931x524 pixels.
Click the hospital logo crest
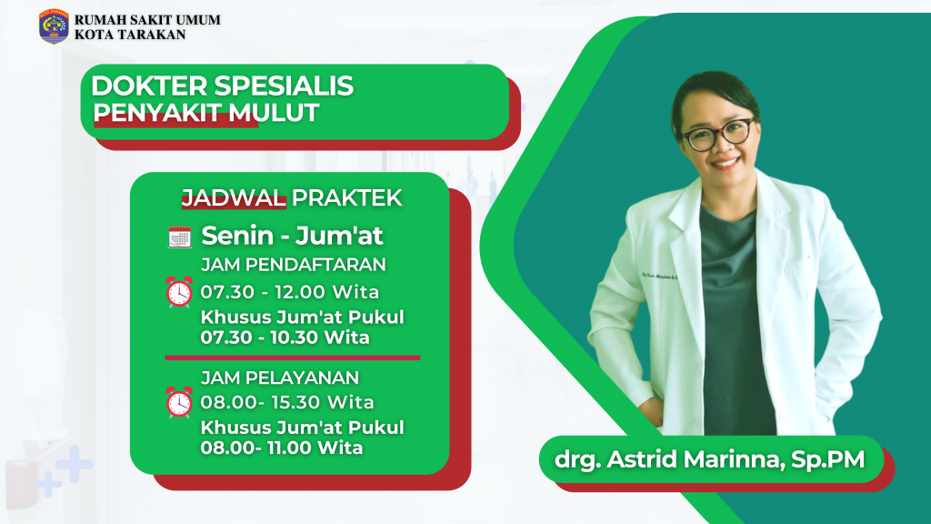(x=54, y=26)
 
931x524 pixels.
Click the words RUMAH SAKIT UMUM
(x=146, y=19)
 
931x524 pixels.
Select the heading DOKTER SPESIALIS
(x=223, y=86)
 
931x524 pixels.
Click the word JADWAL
(x=234, y=198)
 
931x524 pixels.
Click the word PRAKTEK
(x=347, y=198)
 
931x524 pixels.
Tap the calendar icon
(x=179, y=237)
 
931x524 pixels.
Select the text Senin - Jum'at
(x=292, y=237)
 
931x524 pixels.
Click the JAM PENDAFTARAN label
(x=294, y=265)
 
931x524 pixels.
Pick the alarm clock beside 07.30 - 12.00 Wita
(x=179, y=292)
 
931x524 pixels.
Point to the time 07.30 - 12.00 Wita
(x=290, y=292)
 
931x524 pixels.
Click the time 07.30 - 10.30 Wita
(x=285, y=338)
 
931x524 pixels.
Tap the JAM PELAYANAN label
(x=280, y=378)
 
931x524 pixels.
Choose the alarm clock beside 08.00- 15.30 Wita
(x=179, y=401)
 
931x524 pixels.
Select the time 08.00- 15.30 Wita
(x=287, y=401)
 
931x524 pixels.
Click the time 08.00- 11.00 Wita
(x=282, y=448)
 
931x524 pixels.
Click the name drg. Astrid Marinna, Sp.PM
(x=708, y=458)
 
